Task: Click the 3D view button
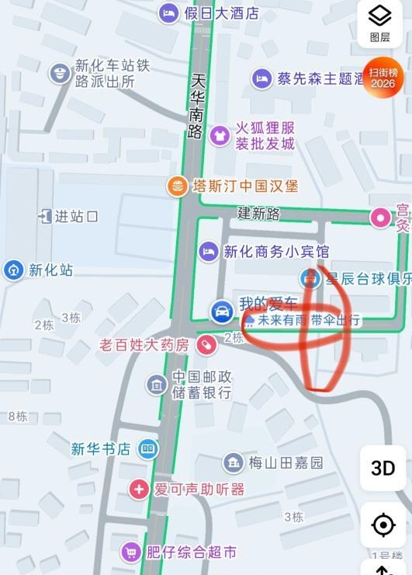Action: click(x=383, y=468)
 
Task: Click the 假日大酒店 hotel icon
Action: click(x=168, y=12)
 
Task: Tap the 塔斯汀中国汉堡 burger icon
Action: click(x=178, y=186)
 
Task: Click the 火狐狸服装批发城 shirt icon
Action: click(x=220, y=135)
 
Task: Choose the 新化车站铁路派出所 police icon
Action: click(x=58, y=74)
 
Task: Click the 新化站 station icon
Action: click(x=13, y=270)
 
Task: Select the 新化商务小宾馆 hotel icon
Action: click(x=208, y=251)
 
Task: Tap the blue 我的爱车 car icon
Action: click(x=221, y=312)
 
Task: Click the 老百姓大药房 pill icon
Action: click(x=206, y=344)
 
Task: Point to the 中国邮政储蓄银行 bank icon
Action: click(x=157, y=384)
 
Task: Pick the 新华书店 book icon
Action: click(x=147, y=448)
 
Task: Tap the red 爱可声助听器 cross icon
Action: click(x=139, y=489)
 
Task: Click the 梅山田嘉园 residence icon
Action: click(x=233, y=463)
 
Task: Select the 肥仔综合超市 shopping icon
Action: click(x=131, y=552)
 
